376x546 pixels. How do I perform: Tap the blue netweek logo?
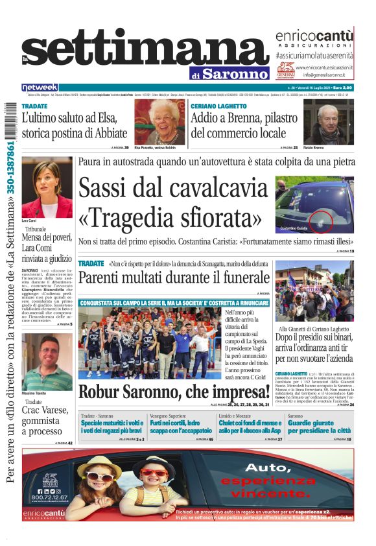coord(40,88)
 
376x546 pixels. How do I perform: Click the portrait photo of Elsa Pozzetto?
coord(159,121)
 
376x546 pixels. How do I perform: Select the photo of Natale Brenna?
coord(328,121)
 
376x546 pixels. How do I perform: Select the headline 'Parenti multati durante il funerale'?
coord(173,278)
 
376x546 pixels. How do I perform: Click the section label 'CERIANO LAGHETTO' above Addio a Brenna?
coord(218,106)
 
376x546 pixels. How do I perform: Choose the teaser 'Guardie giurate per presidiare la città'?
coord(320,426)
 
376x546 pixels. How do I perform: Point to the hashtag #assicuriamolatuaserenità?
coord(314,56)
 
